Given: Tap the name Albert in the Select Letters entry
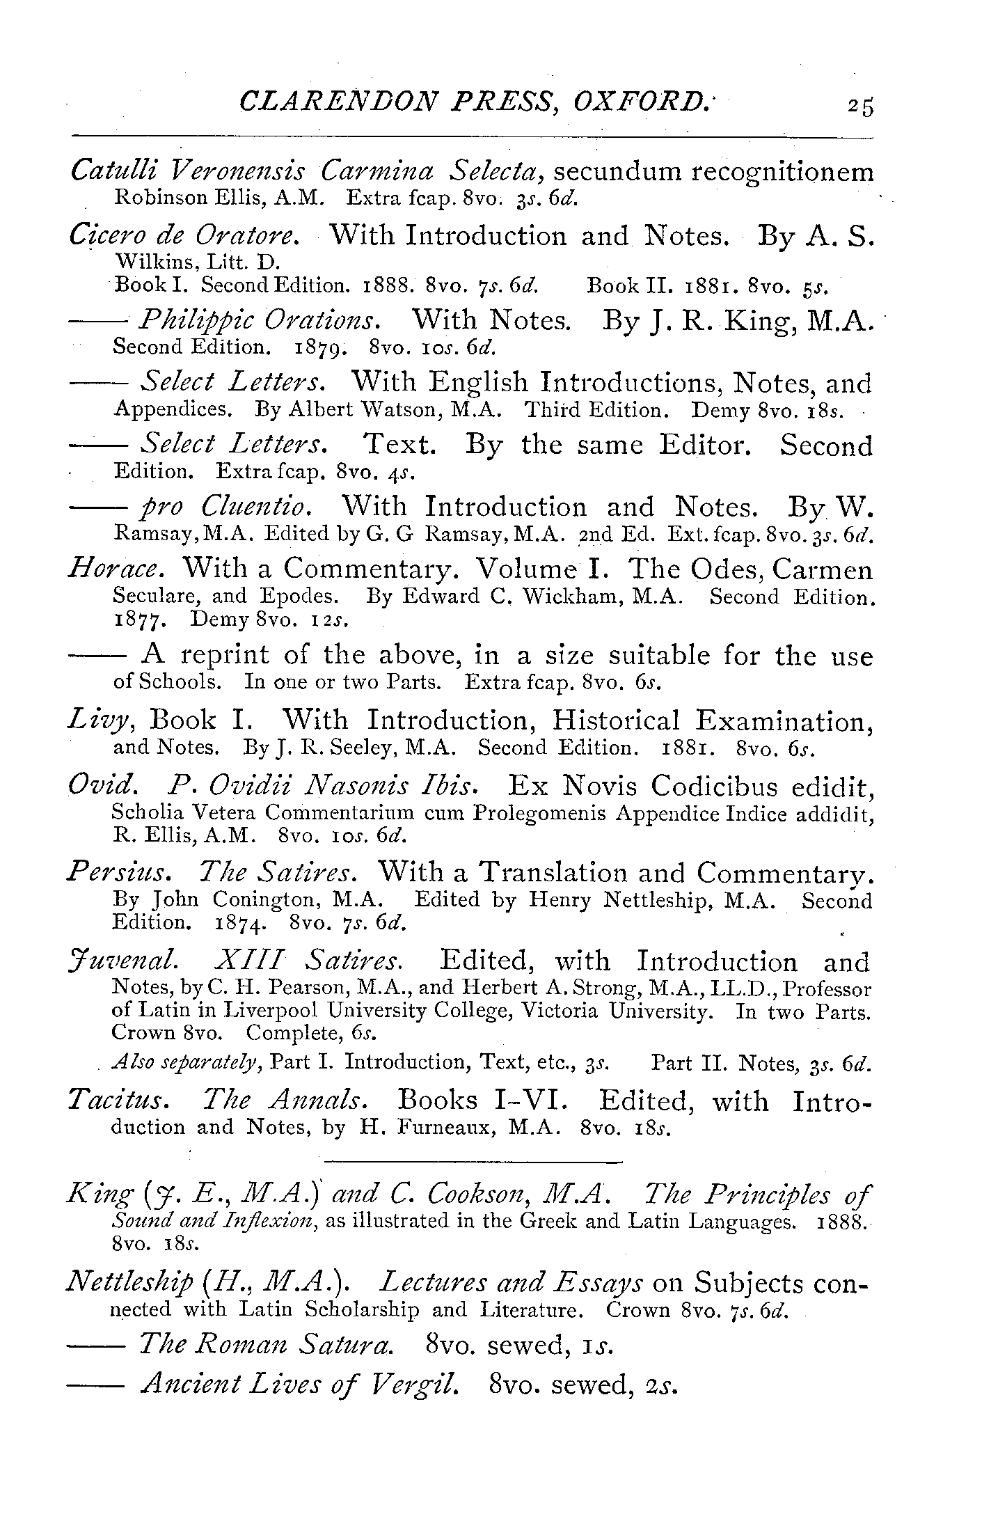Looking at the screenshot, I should [312, 409].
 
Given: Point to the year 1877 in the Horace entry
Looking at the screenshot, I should [139, 619].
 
